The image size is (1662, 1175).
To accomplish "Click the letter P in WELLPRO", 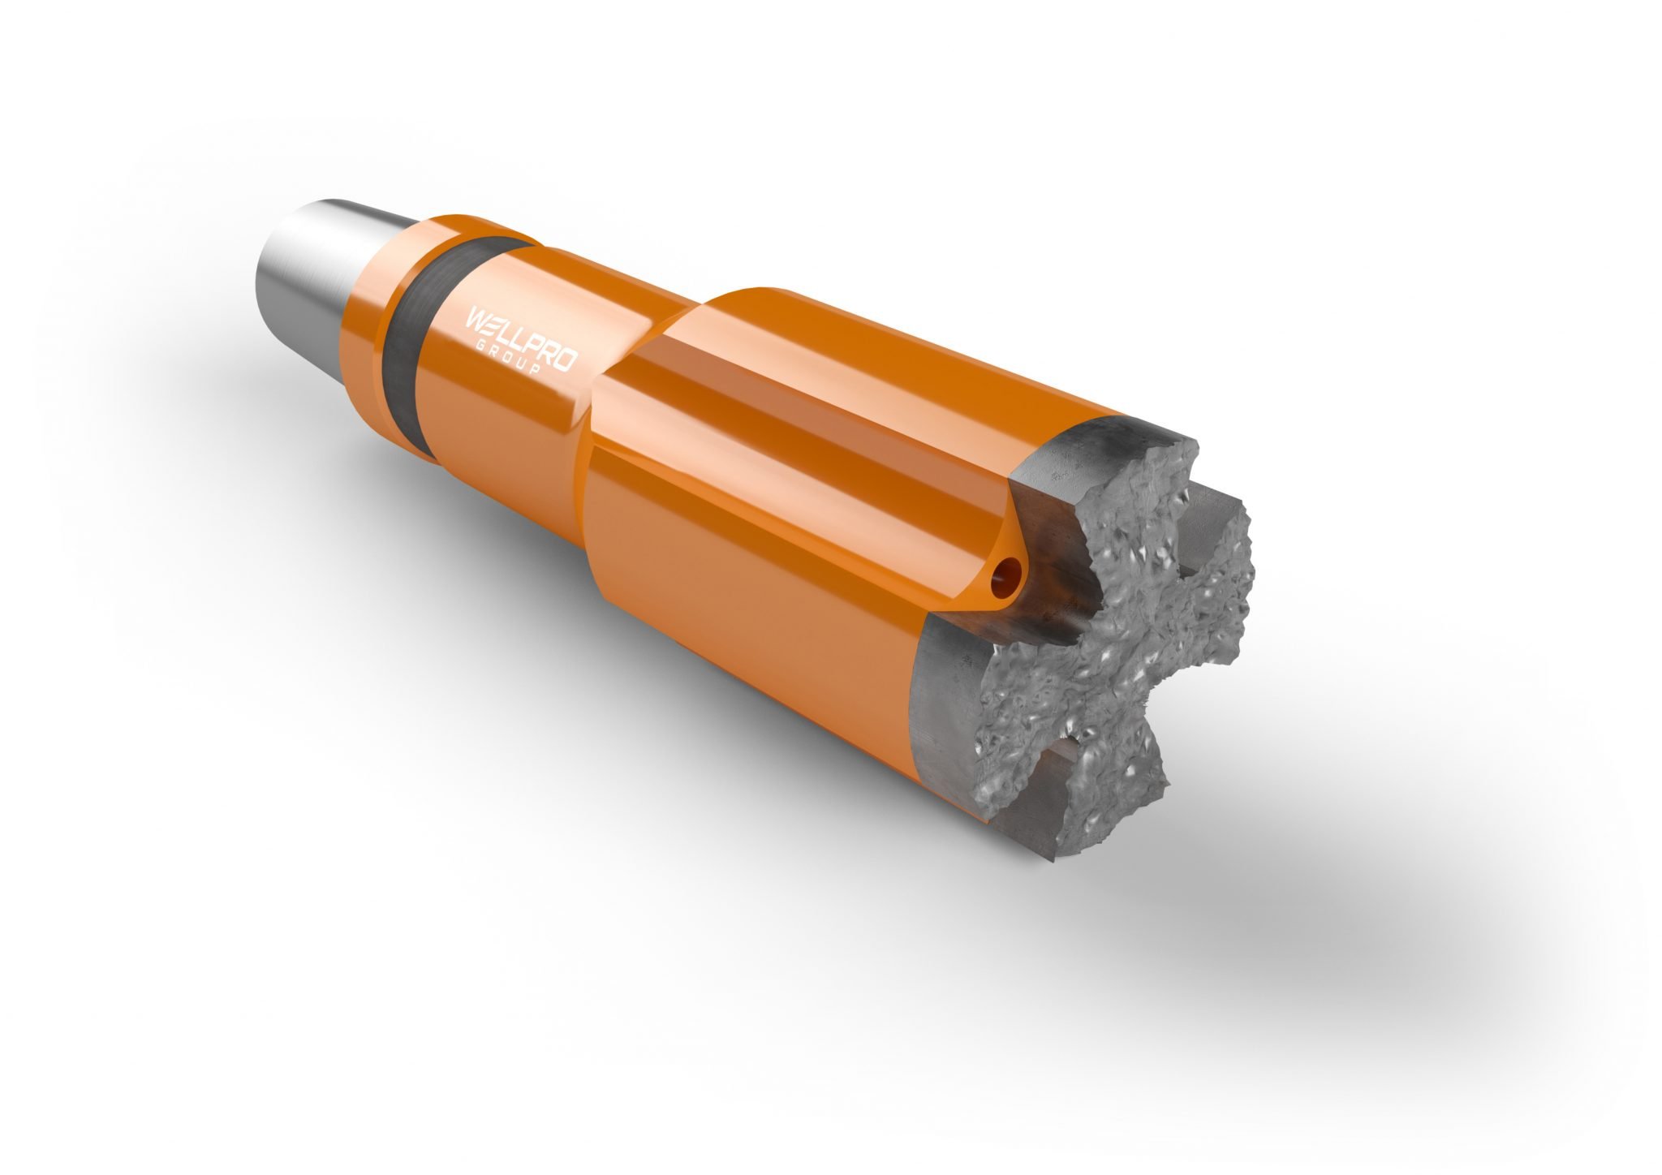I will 530,340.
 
